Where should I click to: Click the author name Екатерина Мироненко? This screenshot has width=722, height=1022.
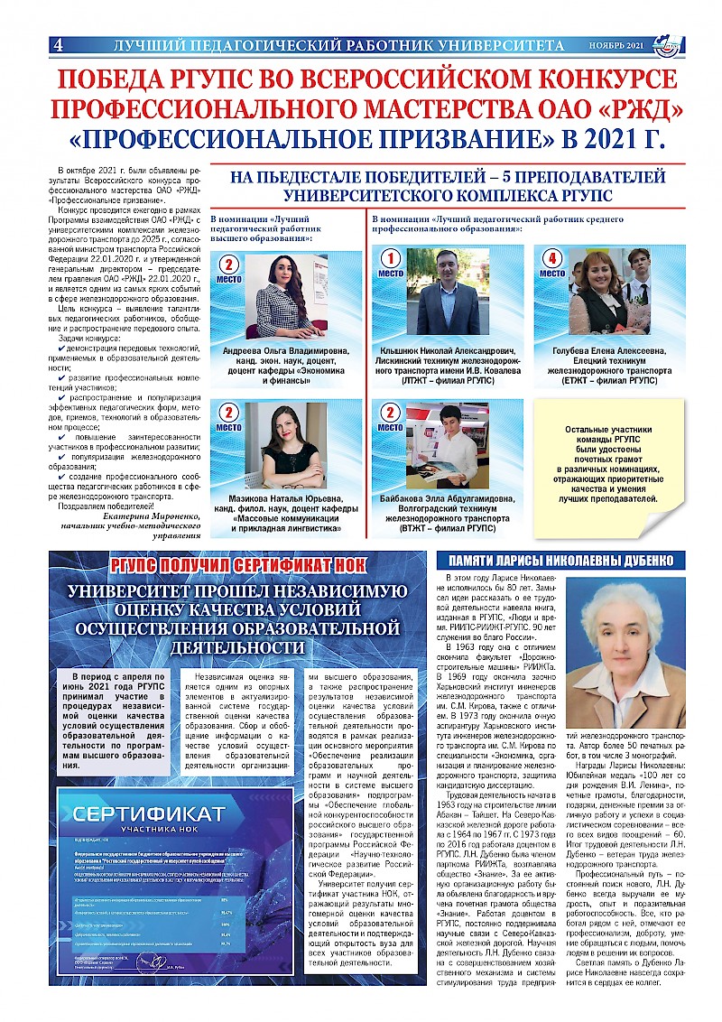click(x=144, y=516)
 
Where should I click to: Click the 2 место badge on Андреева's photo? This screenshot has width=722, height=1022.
click(x=229, y=270)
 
